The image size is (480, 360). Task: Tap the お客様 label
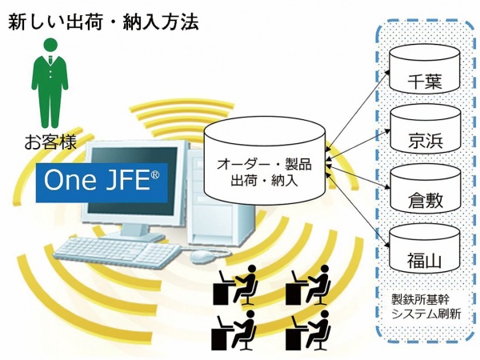tap(50, 144)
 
